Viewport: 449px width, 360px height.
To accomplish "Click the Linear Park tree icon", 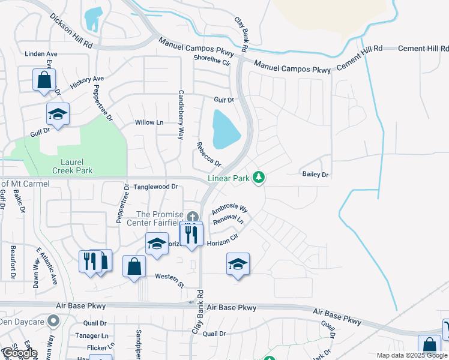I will [x=259, y=178].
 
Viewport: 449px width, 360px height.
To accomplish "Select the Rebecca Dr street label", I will [x=209, y=155].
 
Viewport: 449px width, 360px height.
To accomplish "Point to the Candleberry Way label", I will [x=179, y=115].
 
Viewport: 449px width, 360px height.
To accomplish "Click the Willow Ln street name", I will [x=149, y=122].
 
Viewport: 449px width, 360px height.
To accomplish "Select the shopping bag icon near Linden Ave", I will [x=44, y=80].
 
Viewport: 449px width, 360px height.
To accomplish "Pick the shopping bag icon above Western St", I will [x=134, y=266].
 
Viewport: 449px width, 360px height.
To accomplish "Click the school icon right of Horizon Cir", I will [x=238, y=263].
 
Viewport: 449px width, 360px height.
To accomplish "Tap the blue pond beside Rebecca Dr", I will [x=225, y=129].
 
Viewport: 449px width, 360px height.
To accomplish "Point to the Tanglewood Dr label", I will [x=155, y=187].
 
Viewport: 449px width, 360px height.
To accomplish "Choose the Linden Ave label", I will [x=41, y=54].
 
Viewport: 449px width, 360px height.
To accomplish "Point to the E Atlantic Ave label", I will [x=47, y=265].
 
